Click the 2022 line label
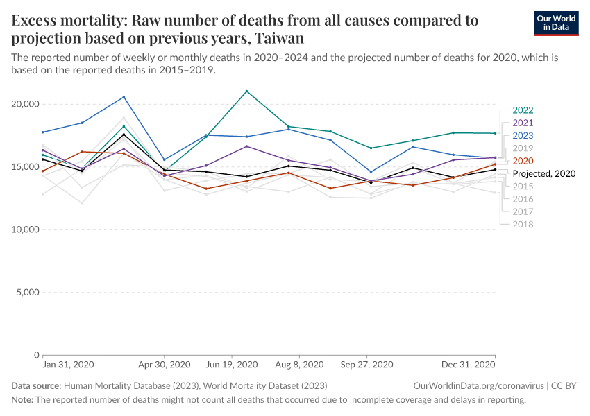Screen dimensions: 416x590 [x=523, y=110]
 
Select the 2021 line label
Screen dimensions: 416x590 [x=523, y=123]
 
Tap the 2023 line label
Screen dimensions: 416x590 [x=523, y=135]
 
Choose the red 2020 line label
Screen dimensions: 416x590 [x=523, y=161]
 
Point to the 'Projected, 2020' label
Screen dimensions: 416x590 [x=544, y=173]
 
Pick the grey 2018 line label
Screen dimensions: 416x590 [x=523, y=224]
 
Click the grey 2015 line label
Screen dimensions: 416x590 [x=523, y=187]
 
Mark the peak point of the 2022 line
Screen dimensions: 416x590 [x=247, y=91]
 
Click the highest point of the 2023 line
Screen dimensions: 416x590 [x=124, y=97]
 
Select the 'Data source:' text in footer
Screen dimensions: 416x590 [x=36, y=385]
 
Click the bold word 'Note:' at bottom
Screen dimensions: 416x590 [x=22, y=400]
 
